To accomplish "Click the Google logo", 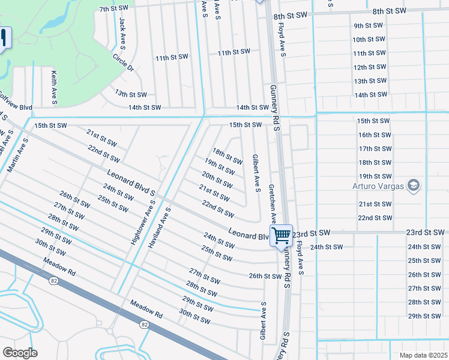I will tap(20, 353).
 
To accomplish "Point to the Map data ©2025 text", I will tap(423, 355).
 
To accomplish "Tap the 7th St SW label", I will tap(114, 8).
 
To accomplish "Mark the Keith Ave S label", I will tap(54, 87).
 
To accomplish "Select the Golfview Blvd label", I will tap(15, 103).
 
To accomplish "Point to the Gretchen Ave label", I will tap(272, 202).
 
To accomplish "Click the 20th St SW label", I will tap(217, 178).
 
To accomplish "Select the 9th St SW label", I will tap(369, 25).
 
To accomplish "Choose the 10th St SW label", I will tap(369, 39).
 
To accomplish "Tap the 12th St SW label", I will tap(369, 67).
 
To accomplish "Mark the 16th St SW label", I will tap(375, 135).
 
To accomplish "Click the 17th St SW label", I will tap(375, 149).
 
